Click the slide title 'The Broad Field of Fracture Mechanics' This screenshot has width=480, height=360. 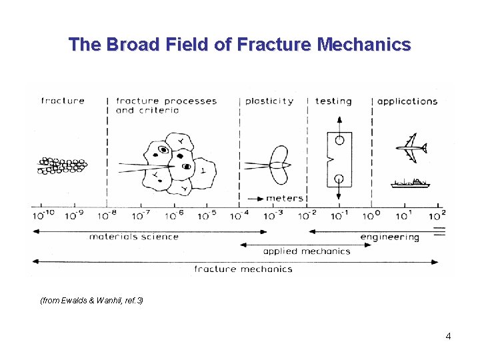click(x=240, y=45)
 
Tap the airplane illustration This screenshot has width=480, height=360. click(x=411, y=147)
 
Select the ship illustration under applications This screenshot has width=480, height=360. click(x=410, y=183)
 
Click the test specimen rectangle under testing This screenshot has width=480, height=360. click(x=339, y=160)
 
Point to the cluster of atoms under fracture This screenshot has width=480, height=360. click(x=62, y=166)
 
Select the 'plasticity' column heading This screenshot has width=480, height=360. click(x=269, y=101)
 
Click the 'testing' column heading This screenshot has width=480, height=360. click(x=333, y=101)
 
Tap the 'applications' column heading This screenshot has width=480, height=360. click(x=407, y=101)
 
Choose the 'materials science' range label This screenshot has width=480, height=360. click(x=134, y=236)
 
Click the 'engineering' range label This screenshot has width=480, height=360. click(x=389, y=237)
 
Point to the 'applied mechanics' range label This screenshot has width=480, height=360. click(x=307, y=251)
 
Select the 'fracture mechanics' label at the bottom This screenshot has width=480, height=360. click(x=243, y=269)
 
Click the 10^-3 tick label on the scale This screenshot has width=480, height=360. click(x=273, y=215)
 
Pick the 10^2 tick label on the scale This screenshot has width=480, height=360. click(x=437, y=215)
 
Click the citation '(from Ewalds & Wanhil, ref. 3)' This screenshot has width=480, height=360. click(x=92, y=301)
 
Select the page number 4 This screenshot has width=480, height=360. click(x=448, y=336)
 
